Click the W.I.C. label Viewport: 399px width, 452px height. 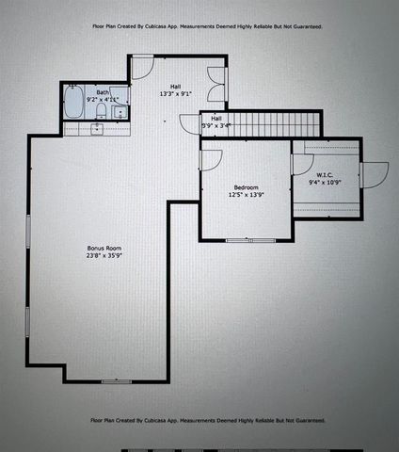325,174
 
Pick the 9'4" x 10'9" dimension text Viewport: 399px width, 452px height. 325,184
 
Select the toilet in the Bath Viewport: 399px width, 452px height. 100,112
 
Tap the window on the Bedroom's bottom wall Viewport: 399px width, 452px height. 249,239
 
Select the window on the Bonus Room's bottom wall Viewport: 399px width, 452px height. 115,380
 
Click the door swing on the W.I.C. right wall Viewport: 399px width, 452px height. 374,175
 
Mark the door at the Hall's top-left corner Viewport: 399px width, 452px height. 141,66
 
